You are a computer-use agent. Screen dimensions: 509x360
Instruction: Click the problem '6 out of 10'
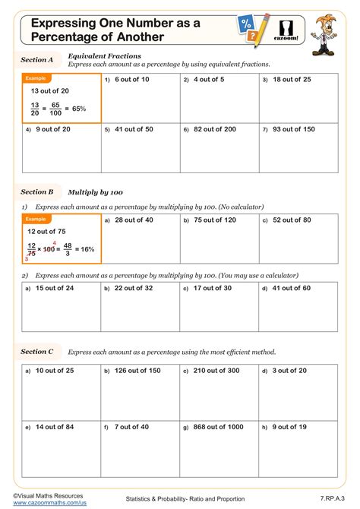pyautogui.click(x=132, y=79)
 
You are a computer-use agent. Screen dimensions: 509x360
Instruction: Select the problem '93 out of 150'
pyautogui.click(x=294, y=129)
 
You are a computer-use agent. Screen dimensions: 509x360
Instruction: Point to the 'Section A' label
pyautogui.click(x=37, y=59)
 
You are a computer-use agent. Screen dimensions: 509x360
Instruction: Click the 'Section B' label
pyautogui.click(x=37, y=192)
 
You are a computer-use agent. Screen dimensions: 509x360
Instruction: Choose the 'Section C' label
pyautogui.click(x=37, y=352)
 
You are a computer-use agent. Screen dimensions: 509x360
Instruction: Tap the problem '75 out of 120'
pyautogui.click(x=214, y=220)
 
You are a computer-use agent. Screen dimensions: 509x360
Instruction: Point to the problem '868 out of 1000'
pyautogui.click(x=217, y=427)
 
